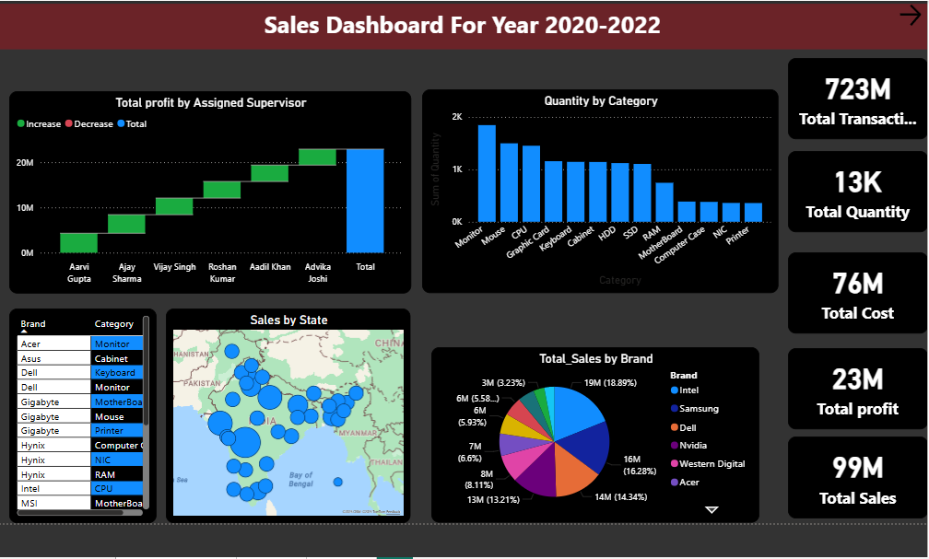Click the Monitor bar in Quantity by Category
(487, 173)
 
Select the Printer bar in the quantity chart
(753, 212)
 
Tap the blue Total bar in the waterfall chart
(365, 200)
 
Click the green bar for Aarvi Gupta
(78, 242)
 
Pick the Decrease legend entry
(89, 124)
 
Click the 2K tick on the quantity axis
(457, 118)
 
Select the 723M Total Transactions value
(857, 89)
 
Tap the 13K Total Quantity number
(857, 183)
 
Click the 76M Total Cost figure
(857, 285)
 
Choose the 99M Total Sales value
(857, 469)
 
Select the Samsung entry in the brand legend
(699, 409)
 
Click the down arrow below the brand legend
(711, 509)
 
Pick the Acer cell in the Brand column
(30, 344)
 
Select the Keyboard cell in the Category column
(115, 373)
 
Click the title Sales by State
(288, 320)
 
